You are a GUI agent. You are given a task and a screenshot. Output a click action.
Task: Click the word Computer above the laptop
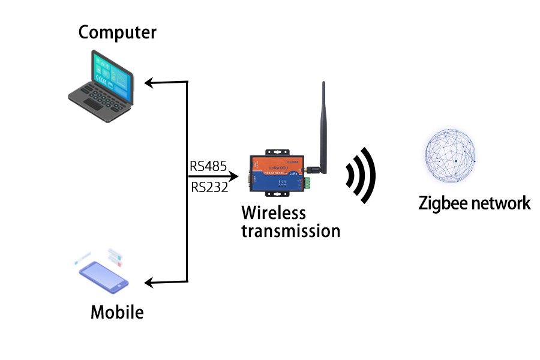(117, 32)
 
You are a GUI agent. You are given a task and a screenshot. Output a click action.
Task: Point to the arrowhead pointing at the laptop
(150, 82)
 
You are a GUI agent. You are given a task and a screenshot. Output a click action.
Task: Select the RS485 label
(208, 166)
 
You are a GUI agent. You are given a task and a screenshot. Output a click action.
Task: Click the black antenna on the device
(322, 126)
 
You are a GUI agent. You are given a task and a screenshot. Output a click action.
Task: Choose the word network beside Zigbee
(500, 203)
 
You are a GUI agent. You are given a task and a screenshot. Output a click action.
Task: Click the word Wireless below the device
(274, 213)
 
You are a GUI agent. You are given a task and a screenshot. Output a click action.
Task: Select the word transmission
(290, 231)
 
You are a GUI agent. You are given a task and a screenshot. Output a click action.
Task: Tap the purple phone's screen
(104, 275)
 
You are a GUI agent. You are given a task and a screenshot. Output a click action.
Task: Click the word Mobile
(117, 312)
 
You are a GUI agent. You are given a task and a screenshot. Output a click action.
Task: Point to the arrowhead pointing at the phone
(150, 281)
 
